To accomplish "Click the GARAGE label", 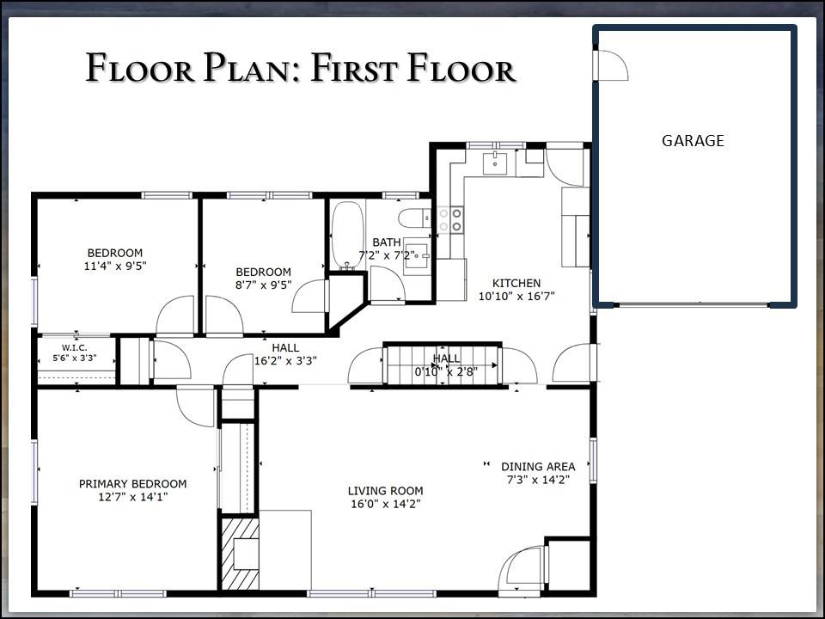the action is [693, 140].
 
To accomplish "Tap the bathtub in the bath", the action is [347, 235].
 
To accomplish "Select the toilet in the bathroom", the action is [414, 218].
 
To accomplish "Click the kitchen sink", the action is [495, 163].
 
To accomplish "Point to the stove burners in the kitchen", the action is [450, 220].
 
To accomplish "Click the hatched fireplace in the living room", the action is [240, 554].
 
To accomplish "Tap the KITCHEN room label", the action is [516, 283].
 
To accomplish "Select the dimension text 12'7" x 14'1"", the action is [132, 497].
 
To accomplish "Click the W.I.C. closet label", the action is [75, 348].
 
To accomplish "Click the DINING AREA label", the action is [538, 466].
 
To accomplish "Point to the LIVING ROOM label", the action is [385, 491].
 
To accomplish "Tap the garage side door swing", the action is [612, 65].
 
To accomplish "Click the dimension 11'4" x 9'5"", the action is [115, 266].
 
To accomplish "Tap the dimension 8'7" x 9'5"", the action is [263, 285].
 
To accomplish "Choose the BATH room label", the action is [387, 242].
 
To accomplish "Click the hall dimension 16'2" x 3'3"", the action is [285, 361].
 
